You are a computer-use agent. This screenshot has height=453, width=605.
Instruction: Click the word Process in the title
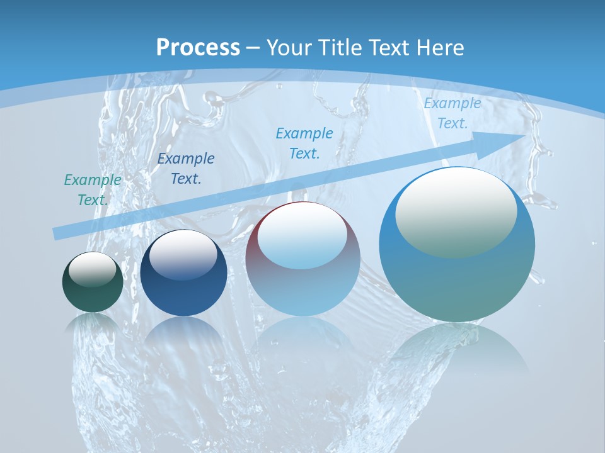point(198,48)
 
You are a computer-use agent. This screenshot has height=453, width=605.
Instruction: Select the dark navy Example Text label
point(186,169)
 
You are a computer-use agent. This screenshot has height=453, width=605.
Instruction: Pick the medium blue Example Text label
point(304,143)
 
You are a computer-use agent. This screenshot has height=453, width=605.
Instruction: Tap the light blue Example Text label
point(452,113)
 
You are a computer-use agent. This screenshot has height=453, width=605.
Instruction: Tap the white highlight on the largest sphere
point(456,212)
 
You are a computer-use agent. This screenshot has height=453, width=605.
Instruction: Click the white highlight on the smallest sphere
point(93,269)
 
